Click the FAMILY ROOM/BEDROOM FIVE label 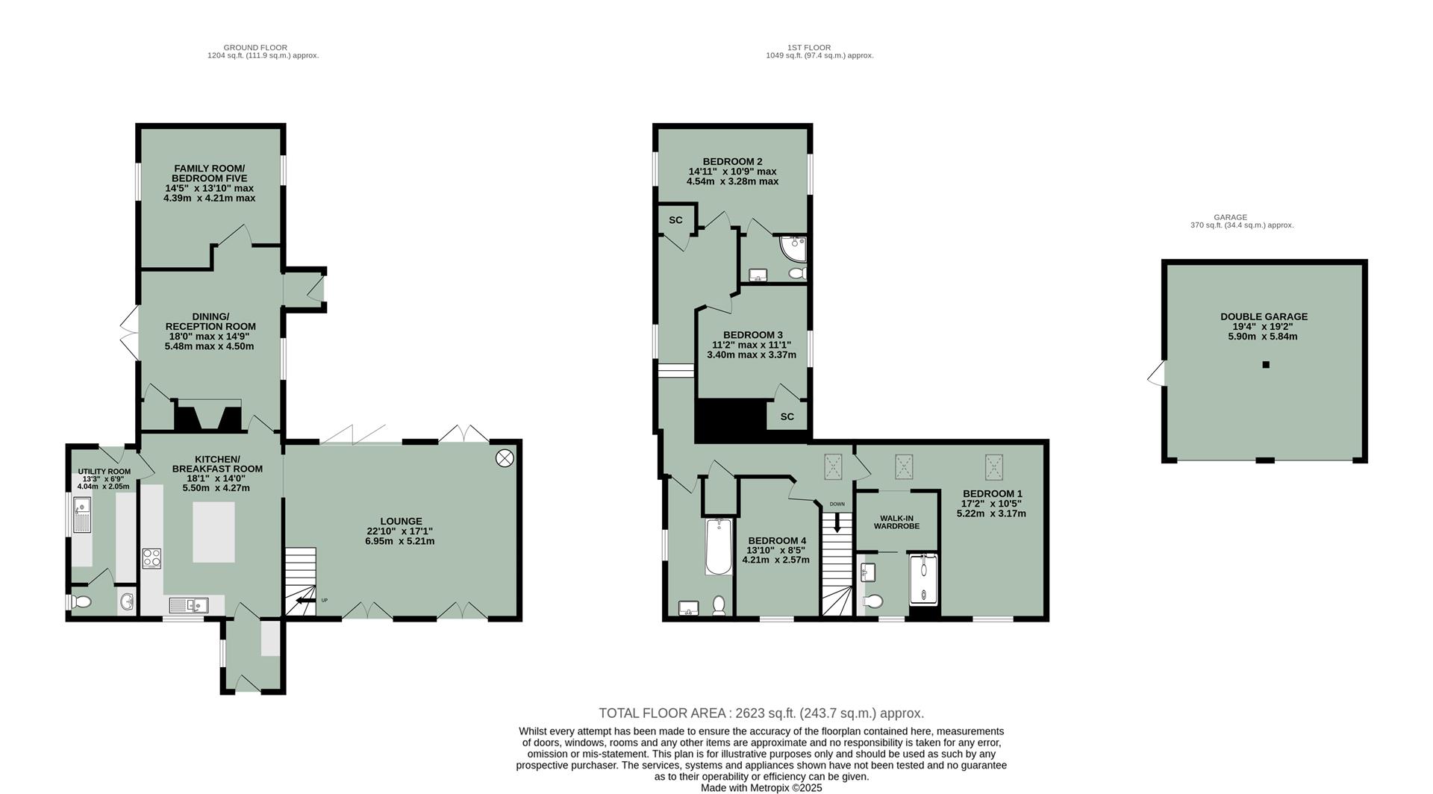[x=209, y=174]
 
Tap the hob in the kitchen [x=152, y=558]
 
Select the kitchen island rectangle [x=213, y=532]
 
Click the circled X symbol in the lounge [x=505, y=458]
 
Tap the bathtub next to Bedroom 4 [x=719, y=546]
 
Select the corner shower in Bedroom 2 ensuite [x=793, y=248]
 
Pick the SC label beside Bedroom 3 [x=787, y=416]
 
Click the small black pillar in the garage [x=1265, y=365]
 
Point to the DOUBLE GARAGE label [x=1264, y=316]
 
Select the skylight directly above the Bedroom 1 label [x=993, y=467]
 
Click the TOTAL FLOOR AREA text [x=761, y=713]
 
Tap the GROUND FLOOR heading [x=255, y=47]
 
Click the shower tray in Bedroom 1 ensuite [x=923, y=578]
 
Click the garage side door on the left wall [x=1156, y=374]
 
